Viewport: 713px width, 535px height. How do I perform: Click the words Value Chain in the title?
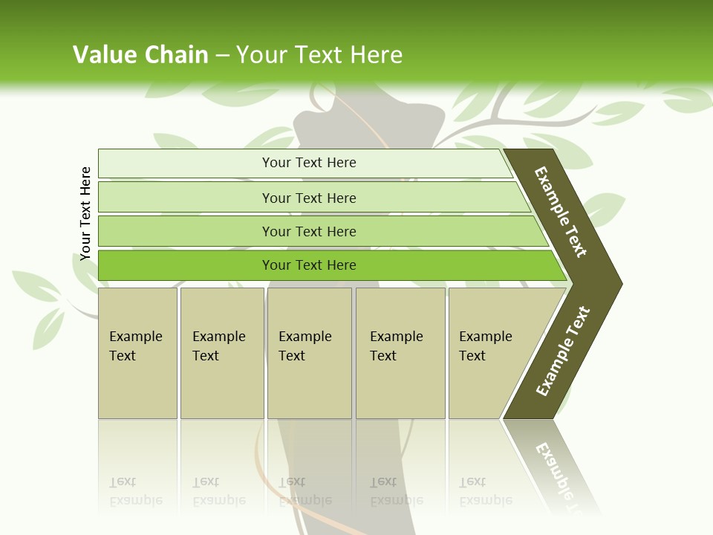pyautogui.click(x=140, y=55)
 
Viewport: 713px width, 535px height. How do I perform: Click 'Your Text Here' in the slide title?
pyautogui.click(x=319, y=55)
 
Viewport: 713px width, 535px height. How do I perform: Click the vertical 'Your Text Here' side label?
pyautogui.click(x=86, y=214)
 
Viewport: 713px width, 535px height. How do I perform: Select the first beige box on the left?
pyautogui.click(x=137, y=353)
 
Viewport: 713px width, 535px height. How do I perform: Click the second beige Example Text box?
pyautogui.click(x=221, y=353)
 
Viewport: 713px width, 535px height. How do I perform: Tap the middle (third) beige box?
pyautogui.click(x=309, y=353)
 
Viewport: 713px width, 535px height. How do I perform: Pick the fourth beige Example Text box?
pyautogui.click(x=400, y=353)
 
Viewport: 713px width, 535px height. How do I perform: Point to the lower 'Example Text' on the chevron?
pyautogui.click(x=563, y=351)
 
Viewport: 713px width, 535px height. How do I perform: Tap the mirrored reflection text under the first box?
pyautogui.click(x=135, y=491)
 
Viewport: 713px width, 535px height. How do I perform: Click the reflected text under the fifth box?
pyautogui.click(x=485, y=491)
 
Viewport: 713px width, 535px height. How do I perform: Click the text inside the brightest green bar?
pyautogui.click(x=309, y=265)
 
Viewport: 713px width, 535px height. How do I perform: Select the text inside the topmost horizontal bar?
pyautogui.click(x=309, y=163)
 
